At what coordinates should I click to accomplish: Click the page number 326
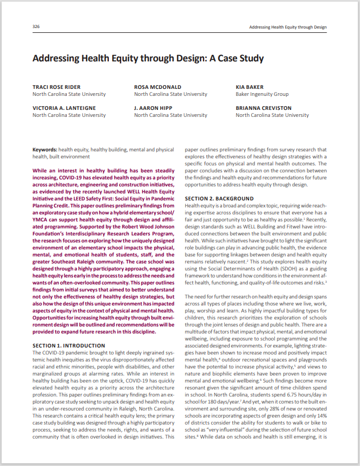(x=36, y=26)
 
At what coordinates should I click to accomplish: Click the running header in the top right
(x=288, y=26)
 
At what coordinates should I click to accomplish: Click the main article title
(x=148, y=58)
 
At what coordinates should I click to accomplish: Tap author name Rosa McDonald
(x=157, y=87)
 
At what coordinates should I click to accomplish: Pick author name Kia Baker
(x=250, y=87)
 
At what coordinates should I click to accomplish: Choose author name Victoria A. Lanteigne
(x=64, y=108)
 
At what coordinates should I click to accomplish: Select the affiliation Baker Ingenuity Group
(x=262, y=94)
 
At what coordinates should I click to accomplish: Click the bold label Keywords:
(x=45, y=150)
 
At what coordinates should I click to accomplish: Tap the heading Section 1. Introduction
(x=66, y=345)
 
